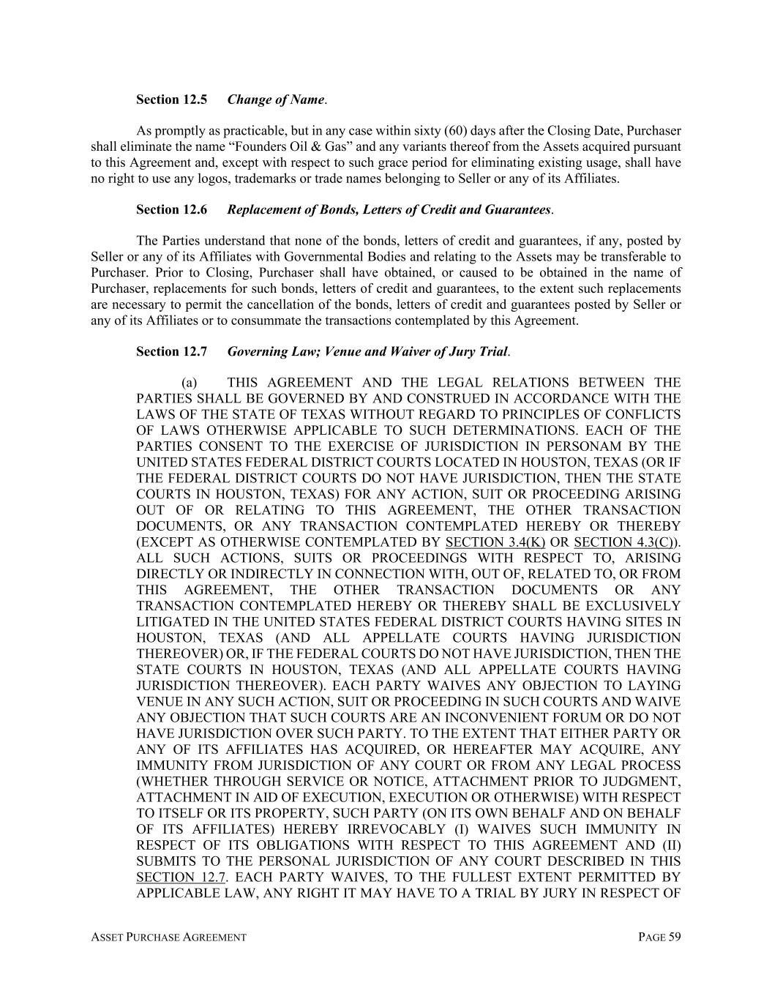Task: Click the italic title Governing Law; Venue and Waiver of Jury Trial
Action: pos(367,352)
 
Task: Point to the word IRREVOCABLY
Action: pos(389,829)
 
